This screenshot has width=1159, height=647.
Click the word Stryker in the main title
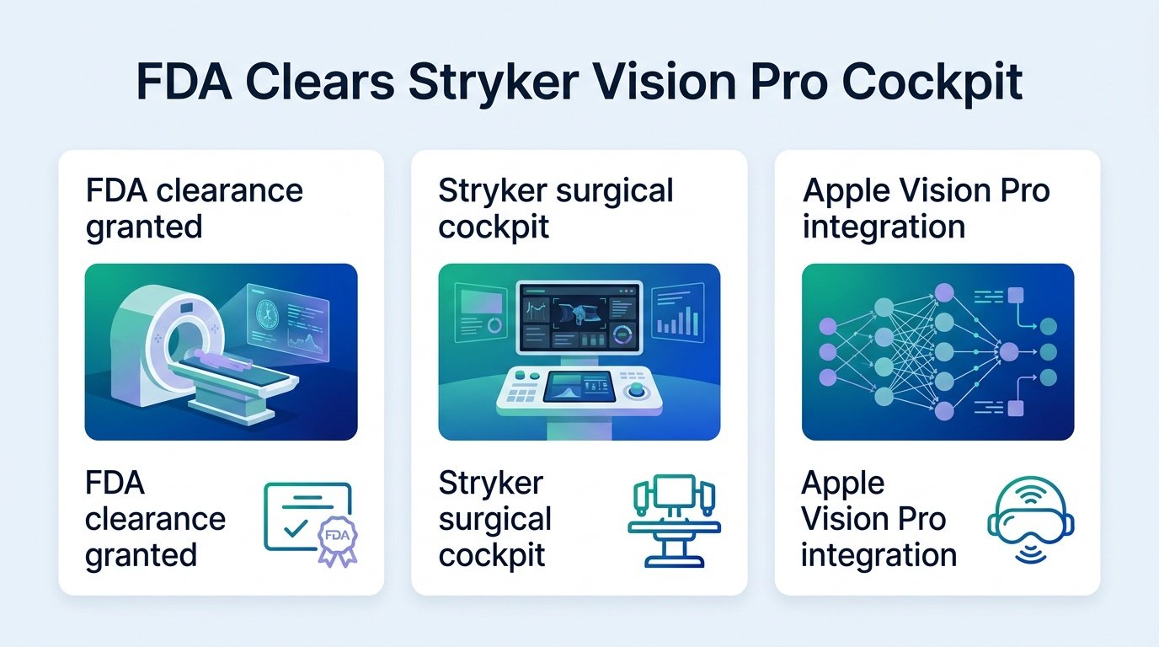point(494,83)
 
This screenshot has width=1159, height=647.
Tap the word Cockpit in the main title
point(932,83)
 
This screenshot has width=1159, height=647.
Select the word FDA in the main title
point(184,81)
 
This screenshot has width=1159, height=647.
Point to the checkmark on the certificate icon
point(296,528)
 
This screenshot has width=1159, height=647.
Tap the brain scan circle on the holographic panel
point(268,314)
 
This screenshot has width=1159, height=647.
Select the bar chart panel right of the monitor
point(678,312)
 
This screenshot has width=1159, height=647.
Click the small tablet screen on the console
point(579,386)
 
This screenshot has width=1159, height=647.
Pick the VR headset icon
point(1031,520)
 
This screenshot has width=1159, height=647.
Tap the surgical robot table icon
point(674,520)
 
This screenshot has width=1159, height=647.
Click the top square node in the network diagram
point(1016,296)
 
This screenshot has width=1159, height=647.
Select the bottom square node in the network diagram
point(1016,409)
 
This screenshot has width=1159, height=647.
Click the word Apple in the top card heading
point(847,192)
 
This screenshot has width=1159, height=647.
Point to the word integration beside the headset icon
point(879,556)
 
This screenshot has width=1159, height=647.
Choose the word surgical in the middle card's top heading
point(615,192)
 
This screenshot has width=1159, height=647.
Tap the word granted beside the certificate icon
point(142,556)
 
